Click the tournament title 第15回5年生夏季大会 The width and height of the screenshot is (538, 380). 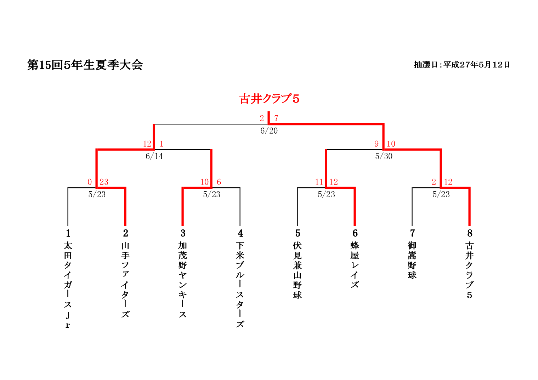(x=85, y=65)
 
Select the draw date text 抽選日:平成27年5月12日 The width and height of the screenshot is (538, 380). (x=462, y=65)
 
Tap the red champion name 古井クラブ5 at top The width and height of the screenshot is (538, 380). (x=269, y=99)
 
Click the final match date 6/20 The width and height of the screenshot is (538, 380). (x=269, y=131)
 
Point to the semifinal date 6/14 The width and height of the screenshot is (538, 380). (x=154, y=156)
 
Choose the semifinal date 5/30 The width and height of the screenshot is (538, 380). (x=384, y=156)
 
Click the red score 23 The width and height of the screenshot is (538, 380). (x=104, y=182)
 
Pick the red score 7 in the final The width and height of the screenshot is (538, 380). (x=276, y=118)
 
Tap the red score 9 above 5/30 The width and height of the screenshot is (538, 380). (x=376, y=144)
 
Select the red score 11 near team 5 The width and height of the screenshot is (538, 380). (x=319, y=182)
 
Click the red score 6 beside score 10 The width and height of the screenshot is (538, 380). (x=219, y=182)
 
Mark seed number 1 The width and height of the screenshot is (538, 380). (x=68, y=233)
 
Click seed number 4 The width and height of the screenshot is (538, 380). (x=240, y=233)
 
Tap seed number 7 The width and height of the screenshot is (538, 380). (x=412, y=233)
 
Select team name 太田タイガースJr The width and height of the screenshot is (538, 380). (x=68, y=285)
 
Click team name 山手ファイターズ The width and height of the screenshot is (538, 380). (x=125, y=280)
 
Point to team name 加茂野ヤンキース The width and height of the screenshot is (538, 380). (x=183, y=280)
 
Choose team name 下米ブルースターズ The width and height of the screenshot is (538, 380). (x=240, y=285)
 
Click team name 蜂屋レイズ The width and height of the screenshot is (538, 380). (x=355, y=265)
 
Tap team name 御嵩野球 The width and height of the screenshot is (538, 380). (x=412, y=260)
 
